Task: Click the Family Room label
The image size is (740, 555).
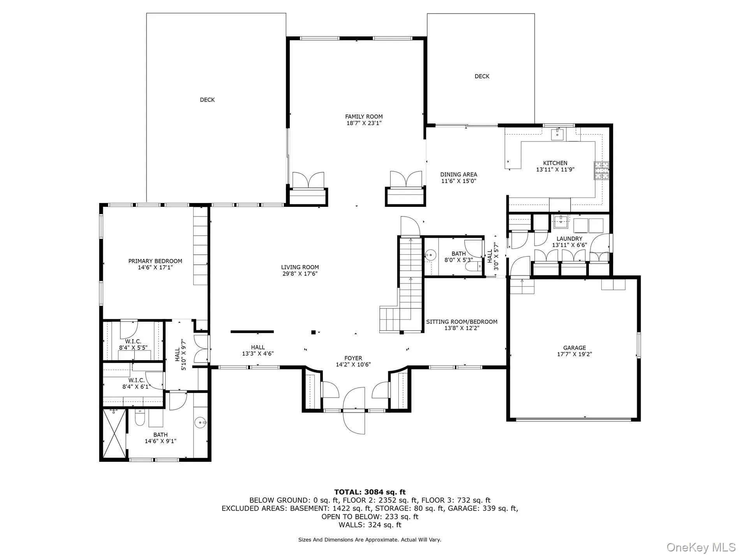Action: (x=364, y=116)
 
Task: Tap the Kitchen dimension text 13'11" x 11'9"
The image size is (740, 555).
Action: (x=555, y=169)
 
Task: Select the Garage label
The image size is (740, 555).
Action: (x=574, y=348)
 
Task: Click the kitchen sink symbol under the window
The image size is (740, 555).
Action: (x=558, y=134)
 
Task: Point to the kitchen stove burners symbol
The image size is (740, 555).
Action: (x=601, y=170)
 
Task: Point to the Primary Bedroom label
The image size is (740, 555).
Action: (x=155, y=261)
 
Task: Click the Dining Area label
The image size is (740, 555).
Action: (x=458, y=174)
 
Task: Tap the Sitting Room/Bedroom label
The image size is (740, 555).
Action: (x=462, y=322)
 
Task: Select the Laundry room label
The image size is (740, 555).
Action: (x=569, y=239)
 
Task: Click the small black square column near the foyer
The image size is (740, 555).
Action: (x=313, y=332)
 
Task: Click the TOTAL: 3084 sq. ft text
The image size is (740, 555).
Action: (x=370, y=492)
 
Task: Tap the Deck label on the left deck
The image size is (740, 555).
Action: (x=207, y=100)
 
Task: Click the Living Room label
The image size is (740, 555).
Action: (x=300, y=267)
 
